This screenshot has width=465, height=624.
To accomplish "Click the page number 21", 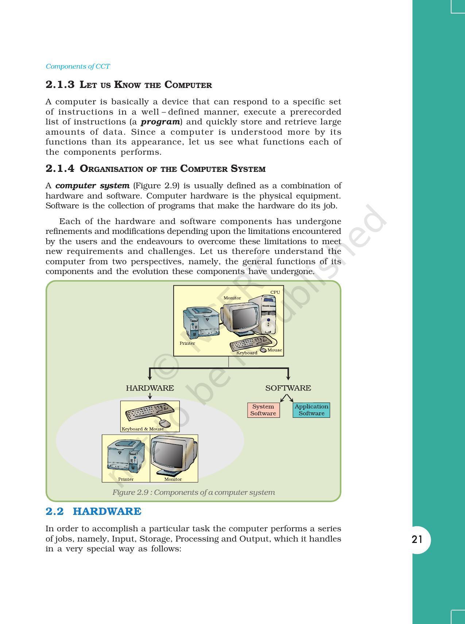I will pos(417,539).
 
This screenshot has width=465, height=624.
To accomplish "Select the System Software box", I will pos(263,410).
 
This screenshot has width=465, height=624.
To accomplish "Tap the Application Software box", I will pos(311,410).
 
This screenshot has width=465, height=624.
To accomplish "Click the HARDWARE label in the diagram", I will pos(150,388).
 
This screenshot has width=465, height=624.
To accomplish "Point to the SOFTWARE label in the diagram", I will pos(288,388).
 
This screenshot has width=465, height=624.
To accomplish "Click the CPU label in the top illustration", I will pos(275,292).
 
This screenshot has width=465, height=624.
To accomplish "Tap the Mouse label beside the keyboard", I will pos(275,350).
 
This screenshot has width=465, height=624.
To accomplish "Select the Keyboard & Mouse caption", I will pos(143,429).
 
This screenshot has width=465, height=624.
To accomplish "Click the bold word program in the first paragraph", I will pos(160,122).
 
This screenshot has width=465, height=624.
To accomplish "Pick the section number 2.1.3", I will pos(60,85).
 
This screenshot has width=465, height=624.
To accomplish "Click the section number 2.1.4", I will pos(60,169).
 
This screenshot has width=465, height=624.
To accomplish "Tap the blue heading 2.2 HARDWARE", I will pos(93,511).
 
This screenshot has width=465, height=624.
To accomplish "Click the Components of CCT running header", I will pos(78,66).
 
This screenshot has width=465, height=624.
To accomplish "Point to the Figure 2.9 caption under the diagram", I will pos(193,492).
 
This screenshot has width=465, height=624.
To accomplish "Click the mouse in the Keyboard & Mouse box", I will pos(165,423).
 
